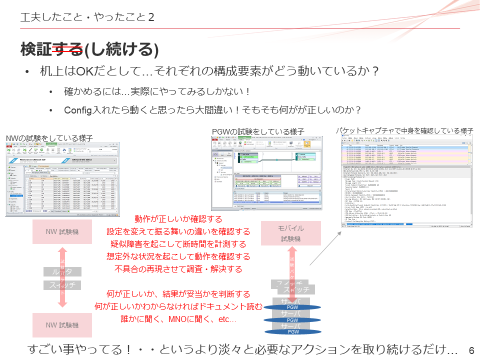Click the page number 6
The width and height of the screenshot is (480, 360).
click(x=471, y=350)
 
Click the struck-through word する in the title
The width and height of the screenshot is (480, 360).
click(x=68, y=49)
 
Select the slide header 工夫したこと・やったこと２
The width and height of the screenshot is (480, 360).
click(x=87, y=17)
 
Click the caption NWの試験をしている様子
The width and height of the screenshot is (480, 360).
click(x=48, y=138)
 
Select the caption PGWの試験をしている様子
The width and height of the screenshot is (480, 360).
click(x=258, y=131)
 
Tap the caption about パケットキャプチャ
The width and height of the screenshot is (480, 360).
click(x=404, y=130)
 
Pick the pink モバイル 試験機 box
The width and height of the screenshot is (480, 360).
click(x=291, y=233)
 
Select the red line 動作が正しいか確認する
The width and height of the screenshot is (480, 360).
click(x=178, y=219)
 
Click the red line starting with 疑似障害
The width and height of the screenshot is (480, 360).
click(x=178, y=244)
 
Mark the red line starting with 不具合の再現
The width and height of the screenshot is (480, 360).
click(x=178, y=269)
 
